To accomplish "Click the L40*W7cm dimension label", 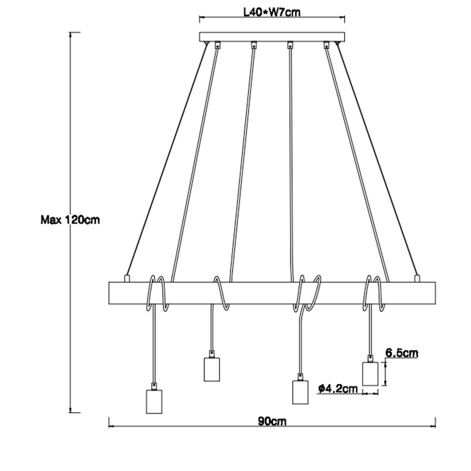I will coord(272,12).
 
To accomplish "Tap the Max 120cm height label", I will coord(70,220).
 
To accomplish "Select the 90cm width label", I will coord(272,422).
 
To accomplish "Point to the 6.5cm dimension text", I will coord(401,353).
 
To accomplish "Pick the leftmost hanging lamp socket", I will coord(154,401).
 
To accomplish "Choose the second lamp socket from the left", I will coord(212,369).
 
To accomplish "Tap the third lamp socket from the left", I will coord(300,392).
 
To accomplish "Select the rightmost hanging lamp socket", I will coord(369,373).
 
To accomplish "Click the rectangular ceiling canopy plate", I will coord(272,37).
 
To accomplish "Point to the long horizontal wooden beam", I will coord(272,292).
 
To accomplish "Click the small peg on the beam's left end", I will coord(126,278).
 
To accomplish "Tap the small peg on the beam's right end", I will coord(417,278).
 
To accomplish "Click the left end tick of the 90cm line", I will coord(108,422).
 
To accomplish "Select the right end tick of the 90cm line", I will coord(435,422).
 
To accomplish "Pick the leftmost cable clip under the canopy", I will coord(217,45).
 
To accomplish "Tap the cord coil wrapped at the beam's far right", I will coord(373,292).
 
